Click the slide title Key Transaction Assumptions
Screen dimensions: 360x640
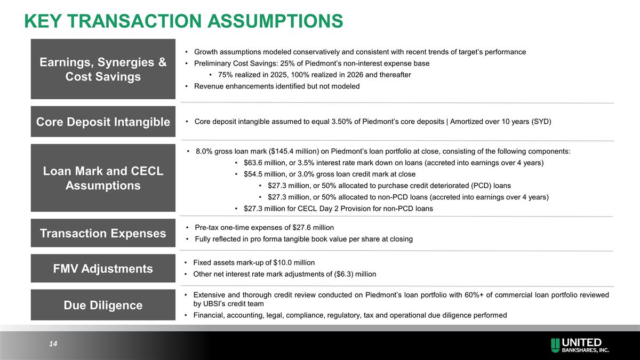(183, 21)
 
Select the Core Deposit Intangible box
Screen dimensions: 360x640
(103, 122)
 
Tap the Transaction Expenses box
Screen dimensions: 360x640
(103, 233)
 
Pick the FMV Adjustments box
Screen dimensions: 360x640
(103, 268)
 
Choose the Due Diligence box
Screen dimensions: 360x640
(103, 305)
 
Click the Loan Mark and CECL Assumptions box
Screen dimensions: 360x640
(103, 178)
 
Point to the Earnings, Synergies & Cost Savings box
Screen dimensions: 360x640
(103, 69)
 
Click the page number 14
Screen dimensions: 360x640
(53, 345)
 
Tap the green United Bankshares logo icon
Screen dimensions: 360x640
(555, 345)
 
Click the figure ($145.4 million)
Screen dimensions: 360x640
(289, 151)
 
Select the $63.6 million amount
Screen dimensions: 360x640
(262, 163)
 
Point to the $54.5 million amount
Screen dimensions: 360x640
(262, 174)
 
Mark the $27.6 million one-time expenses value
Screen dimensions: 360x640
(310, 227)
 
